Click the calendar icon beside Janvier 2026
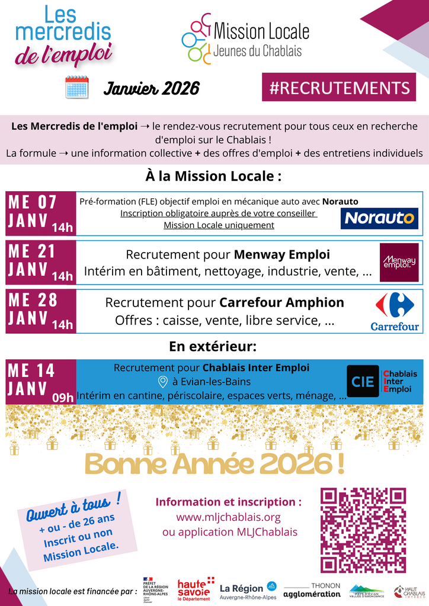point(76,88)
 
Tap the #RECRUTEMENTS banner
point(339,88)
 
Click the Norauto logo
point(380,218)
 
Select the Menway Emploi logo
point(399,262)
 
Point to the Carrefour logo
point(395,311)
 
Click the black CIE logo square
point(363,382)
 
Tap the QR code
point(363,530)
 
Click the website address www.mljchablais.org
point(228,517)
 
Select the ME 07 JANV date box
point(41,213)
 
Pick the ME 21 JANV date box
point(41,262)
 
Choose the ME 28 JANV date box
point(41,311)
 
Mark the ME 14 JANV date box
point(41,382)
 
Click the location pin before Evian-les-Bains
point(163,382)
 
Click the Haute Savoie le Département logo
point(195,589)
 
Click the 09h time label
point(62,397)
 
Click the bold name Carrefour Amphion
point(281,302)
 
